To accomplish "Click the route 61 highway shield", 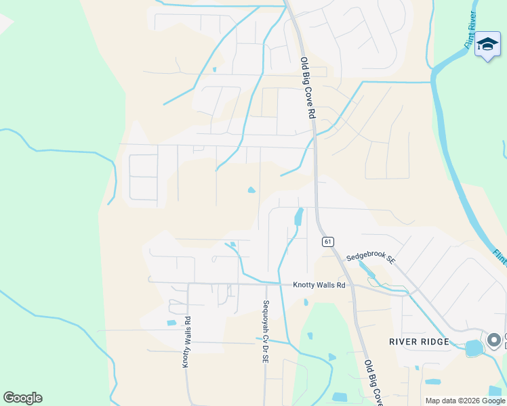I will pos(328,242).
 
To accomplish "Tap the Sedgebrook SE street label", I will pos(370,257).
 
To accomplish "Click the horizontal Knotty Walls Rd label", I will pos(319,286).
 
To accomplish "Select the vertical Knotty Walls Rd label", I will pos(186,342).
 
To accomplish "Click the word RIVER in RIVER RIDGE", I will pos(405,342).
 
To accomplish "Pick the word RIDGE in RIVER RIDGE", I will pos(437,342).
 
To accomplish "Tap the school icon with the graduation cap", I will pos(487,45).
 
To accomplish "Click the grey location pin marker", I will pos(494,339).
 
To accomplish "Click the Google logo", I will pos(22,398).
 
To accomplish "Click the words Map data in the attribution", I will pos(441,401).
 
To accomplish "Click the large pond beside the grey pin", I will pos(474,348).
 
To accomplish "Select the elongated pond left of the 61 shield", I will pos(298,217).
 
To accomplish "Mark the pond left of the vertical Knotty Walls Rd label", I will pos(171,322).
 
